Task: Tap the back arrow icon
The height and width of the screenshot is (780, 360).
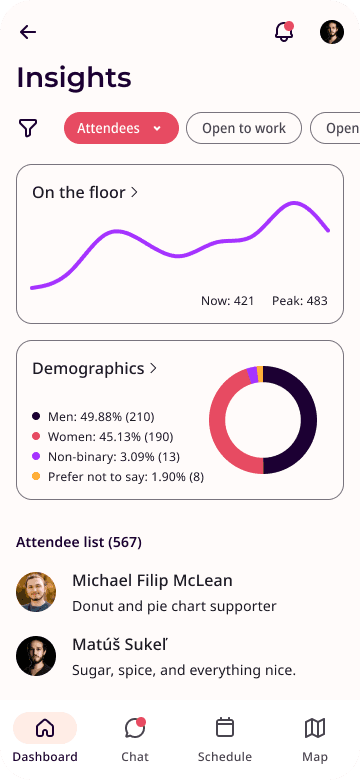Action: (x=28, y=32)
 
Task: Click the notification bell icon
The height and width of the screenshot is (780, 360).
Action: (x=284, y=32)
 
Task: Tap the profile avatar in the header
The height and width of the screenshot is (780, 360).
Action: (x=332, y=32)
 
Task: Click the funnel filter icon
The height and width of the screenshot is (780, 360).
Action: (x=28, y=128)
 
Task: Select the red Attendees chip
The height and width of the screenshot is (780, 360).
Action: (x=121, y=128)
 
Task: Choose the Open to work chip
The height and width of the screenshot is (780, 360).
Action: (x=244, y=128)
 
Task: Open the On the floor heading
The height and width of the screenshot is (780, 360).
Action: (x=85, y=193)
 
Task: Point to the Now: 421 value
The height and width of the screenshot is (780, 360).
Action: (x=227, y=300)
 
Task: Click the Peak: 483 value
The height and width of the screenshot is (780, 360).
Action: (x=300, y=300)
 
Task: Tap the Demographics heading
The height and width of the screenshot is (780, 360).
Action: (x=94, y=369)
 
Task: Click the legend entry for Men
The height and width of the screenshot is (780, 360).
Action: (x=93, y=416)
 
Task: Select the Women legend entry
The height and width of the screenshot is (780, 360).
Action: (x=102, y=437)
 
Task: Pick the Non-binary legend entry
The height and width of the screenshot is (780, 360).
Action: (x=106, y=457)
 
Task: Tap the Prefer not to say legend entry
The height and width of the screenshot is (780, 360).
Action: (x=118, y=477)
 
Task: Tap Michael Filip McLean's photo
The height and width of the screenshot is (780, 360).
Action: (x=36, y=592)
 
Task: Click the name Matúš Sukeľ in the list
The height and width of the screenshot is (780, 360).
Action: (x=120, y=645)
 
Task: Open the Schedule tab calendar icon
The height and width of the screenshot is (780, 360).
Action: (x=225, y=727)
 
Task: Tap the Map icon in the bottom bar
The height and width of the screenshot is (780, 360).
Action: (x=315, y=728)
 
